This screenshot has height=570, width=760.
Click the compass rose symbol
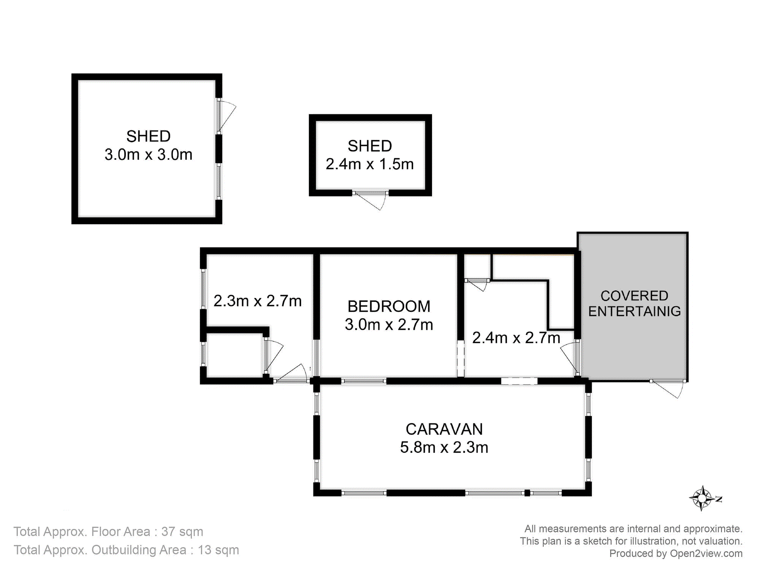(x=703, y=498)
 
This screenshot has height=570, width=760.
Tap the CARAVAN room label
(x=444, y=429)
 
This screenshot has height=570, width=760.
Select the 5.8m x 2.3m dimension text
(x=444, y=448)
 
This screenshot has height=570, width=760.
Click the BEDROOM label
(x=389, y=306)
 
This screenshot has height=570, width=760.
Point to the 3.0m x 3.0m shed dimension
(x=149, y=155)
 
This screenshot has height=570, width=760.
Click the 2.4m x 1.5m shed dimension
(x=370, y=164)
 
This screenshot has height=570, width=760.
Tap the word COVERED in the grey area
(x=634, y=296)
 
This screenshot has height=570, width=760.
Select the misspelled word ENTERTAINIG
(x=635, y=311)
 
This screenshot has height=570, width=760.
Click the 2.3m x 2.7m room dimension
(x=258, y=301)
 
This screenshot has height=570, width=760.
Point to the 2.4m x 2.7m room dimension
(x=516, y=338)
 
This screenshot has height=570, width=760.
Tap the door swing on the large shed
(x=226, y=116)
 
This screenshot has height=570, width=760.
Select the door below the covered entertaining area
(x=668, y=388)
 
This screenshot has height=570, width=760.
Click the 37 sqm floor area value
(x=182, y=532)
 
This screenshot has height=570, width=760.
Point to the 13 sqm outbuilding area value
(x=218, y=550)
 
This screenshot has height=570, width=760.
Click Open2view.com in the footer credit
(x=706, y=553)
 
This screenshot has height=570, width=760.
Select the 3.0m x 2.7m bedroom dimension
(x=389, y=325)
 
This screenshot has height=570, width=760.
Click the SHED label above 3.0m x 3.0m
(x=149, y=136)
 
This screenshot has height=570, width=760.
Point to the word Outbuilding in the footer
(x=139, y=550)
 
